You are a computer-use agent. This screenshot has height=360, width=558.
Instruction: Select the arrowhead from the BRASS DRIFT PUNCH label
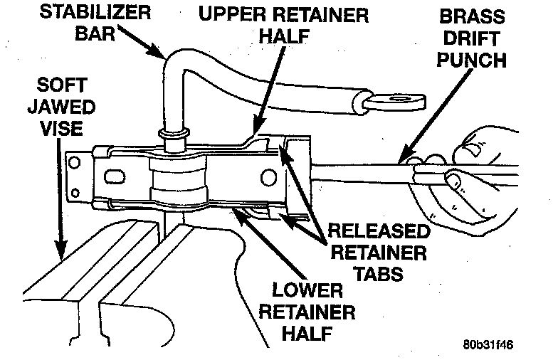(402, 158)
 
